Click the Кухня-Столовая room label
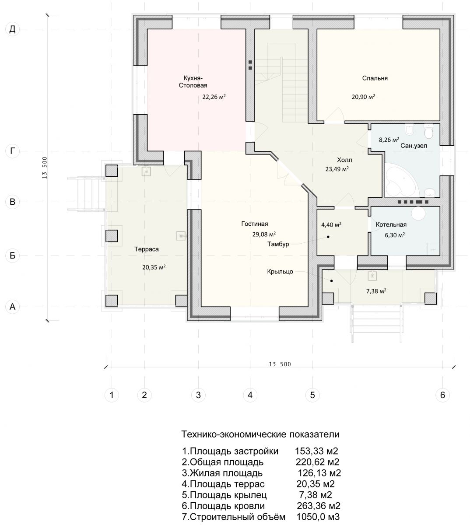coord(193,82)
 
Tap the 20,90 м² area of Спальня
coord(363,97)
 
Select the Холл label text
coord(344,160)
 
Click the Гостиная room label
coord(255,224)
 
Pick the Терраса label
coord(147,249)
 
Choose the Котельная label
coord(391,224)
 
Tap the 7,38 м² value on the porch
coord(376,291)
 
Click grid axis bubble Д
coord(12,29)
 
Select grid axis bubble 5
coord(312,395)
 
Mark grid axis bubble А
coord(12,307)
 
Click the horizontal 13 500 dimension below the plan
coord(280,364)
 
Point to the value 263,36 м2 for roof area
coord(318,506)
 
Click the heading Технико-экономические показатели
coord(260,434)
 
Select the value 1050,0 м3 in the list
coord(318,517)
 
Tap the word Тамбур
coord(278,244)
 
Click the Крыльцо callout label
coord(280,271)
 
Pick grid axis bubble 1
coord(112,395)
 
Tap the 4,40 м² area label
coord(331,224)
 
